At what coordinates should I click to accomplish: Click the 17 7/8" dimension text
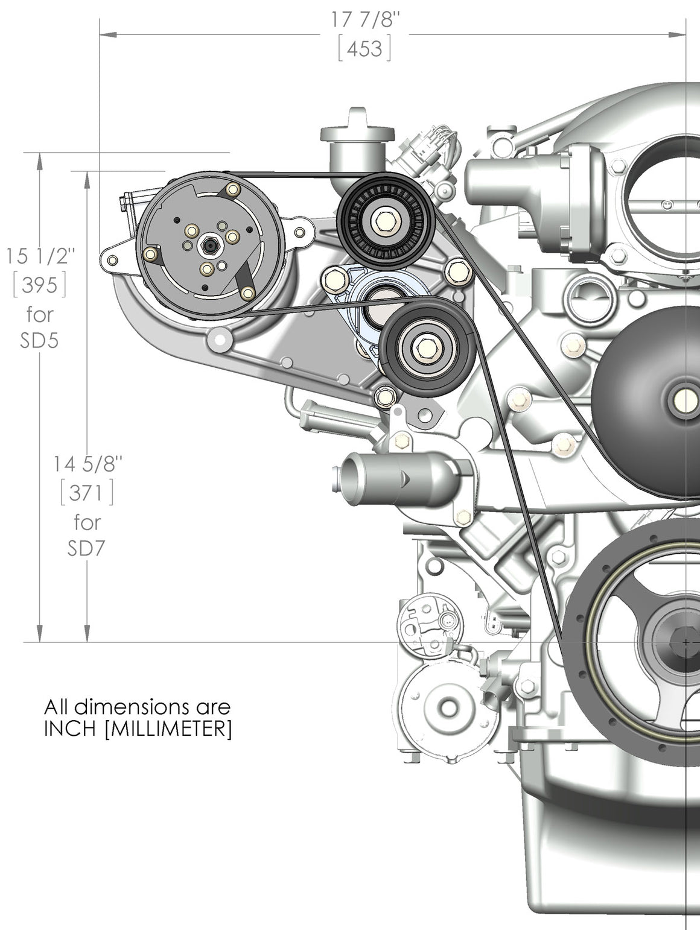(x=365, y=20)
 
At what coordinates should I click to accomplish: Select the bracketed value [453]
(x=364, y=48)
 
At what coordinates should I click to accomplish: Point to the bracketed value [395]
(x=40, y=285)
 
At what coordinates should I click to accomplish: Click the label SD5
(x=39, y=341)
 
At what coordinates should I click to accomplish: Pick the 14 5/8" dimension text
(x=87, y=464)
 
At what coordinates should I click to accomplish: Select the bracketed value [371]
(x=87, y=493)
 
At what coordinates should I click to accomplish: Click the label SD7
(x=87, y=548)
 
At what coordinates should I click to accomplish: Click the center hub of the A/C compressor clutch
(x=210, y=245)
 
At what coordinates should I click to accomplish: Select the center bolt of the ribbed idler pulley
(x=384, y=220)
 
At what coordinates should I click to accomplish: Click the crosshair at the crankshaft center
(x=686, y=642)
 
